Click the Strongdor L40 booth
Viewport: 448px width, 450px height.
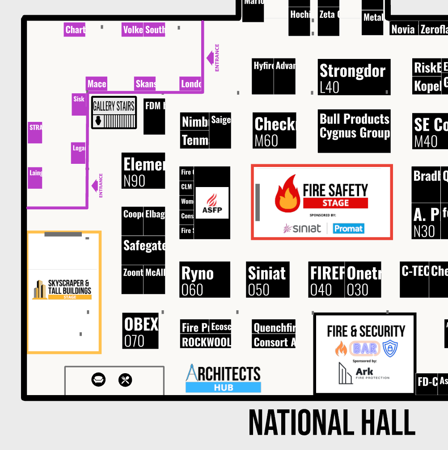pyautogui.click(x=354, y=77)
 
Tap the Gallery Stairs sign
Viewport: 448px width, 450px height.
pyautogui.click(x=114, y=112)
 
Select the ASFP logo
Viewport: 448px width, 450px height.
pyautogui.click(x=212, y=203)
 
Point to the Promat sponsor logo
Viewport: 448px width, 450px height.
pyautogui.click(x=348, y=229)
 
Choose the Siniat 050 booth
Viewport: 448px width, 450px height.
pyautogui.click(x=267, y=279)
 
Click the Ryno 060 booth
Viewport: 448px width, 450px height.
pyautogui.click(x=205, y=279)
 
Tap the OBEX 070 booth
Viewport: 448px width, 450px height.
pyautogui.click(x=140, y=331)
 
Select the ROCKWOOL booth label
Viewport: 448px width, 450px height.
pyautogui.click(x=206, y=342)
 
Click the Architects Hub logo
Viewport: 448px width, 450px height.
pyautogui.click(x=223, y=378)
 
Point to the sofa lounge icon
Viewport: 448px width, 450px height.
pyautogui.click(x=98, y=380)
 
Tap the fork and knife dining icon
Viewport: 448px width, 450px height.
pyautogui.click(x=125, y=380)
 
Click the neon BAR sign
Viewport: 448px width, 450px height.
pyautogui.click(x=364, y=348)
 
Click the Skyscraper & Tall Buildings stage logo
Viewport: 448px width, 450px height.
pyautogui.click(x=63, y=289)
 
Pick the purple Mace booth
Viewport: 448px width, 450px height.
pyautogui.click(x=97, y=84)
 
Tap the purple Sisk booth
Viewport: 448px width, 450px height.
pyautogui.click(x=79, y=104)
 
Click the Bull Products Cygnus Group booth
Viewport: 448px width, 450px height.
pyautogui.click(x=354, y=131)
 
